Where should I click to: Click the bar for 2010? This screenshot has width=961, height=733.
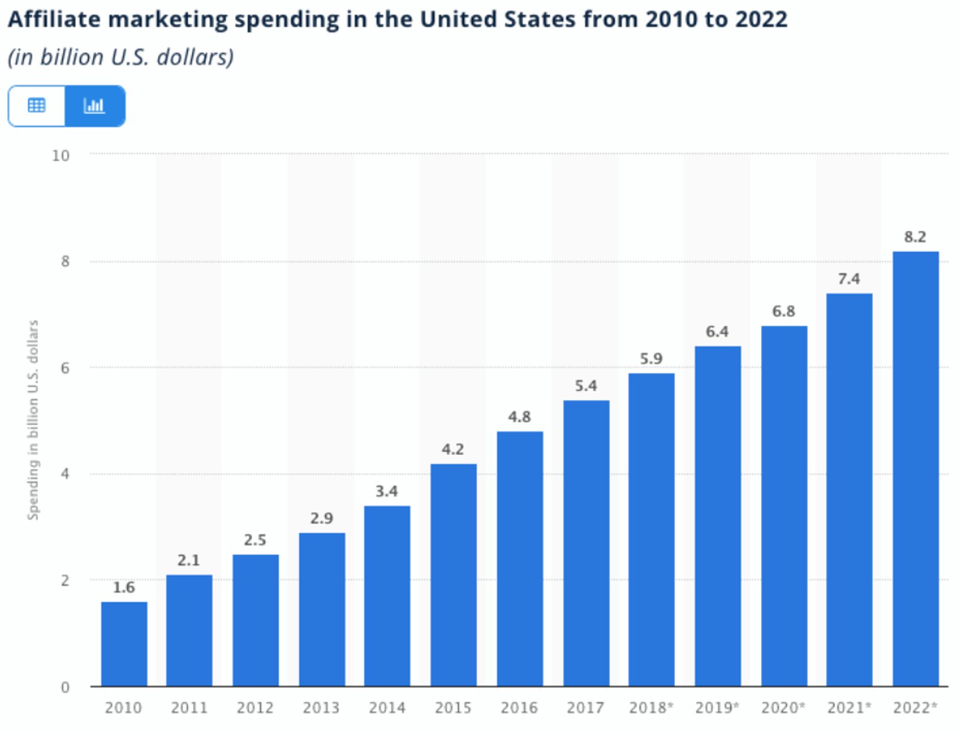point(124,644)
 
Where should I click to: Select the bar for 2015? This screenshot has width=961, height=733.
point(453,575)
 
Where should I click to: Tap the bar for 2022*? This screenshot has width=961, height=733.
point(915,468)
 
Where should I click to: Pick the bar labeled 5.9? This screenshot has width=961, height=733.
point(651,529)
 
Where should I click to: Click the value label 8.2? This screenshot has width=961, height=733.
point(915,237)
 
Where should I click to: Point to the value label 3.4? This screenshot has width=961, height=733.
point(387,491)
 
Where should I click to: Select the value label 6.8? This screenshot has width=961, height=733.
point(783,312)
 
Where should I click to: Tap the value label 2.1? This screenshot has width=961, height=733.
point(189,560)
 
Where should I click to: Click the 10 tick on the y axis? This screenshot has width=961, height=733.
point(61,155)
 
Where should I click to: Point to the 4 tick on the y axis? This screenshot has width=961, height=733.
point(65,474)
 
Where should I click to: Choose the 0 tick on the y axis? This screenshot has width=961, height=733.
point(65,687)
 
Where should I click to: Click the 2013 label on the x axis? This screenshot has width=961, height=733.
point(321,708)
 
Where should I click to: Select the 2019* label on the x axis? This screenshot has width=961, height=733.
point(717,708)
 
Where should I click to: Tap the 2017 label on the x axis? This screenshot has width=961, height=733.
point(585,708)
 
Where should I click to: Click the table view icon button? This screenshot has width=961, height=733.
point(37,106)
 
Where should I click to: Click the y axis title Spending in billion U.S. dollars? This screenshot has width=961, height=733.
point(33,420)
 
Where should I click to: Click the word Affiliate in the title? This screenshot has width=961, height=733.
point(54,20)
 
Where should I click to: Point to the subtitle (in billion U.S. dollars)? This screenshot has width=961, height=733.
point(121,58)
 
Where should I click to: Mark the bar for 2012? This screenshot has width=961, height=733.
point(255,620)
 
